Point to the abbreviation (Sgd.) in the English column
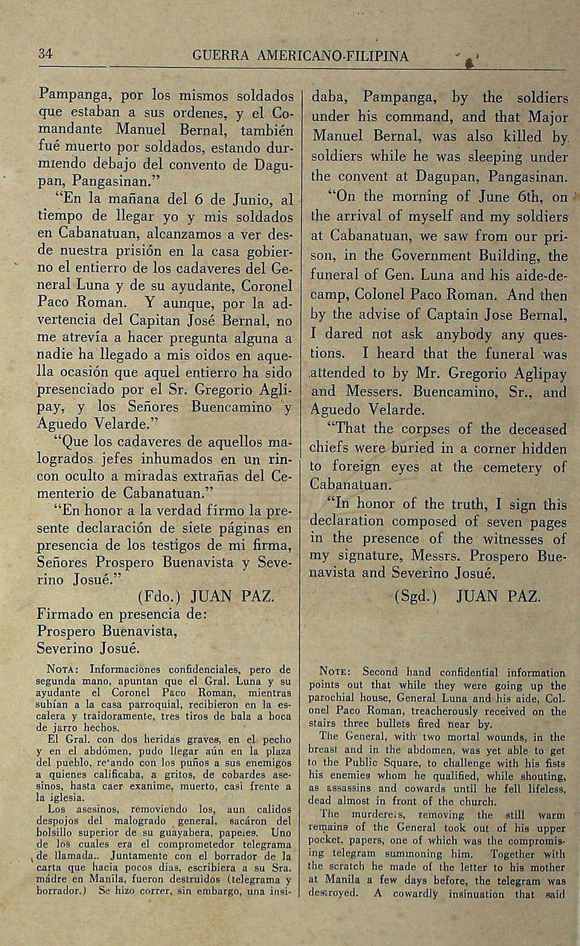(415, 596)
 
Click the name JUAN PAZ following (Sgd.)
(498, 596)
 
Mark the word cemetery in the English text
(512, 467)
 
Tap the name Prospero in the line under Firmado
(66, 631)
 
